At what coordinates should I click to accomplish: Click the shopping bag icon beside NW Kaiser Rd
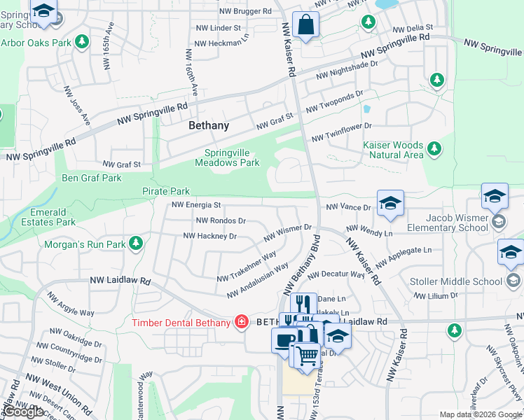[305, 26]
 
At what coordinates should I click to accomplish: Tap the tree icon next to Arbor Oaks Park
[83, 43]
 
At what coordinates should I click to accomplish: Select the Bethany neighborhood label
[209, 126]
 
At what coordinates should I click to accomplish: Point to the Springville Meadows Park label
[232, 157]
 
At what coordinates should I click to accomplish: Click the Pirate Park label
[166, 191]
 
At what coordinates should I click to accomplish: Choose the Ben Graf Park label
[92, 178]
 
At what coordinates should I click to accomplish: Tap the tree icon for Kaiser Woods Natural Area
[434, 148]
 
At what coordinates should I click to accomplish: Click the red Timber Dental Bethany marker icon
[242, 322]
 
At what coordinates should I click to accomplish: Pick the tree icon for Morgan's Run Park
[136, 244]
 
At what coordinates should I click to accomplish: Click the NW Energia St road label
[198, 205]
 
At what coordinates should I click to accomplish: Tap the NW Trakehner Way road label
[246, 267]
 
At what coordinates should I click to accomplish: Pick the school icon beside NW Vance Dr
[390, 203]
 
